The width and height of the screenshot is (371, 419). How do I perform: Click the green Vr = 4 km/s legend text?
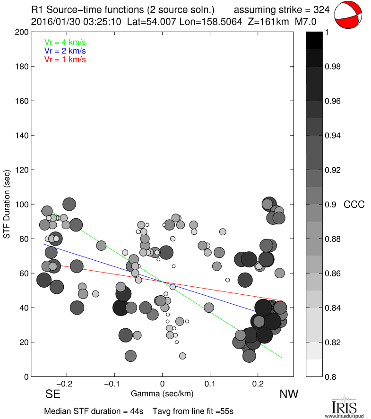(65, 42)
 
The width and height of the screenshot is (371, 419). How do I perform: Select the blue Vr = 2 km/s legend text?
(65, 51)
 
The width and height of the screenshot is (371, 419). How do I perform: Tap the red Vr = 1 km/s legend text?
(65, 59)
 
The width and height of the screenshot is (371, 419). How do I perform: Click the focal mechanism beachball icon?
(349, 16)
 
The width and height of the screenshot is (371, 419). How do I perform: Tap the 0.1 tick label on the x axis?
(211, 385)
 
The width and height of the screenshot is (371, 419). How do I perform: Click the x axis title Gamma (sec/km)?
(162, 393)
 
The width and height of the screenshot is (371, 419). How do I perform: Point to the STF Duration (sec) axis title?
(7, 204)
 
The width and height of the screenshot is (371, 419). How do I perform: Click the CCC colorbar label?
(354, 204)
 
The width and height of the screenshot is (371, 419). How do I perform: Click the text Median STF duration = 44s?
(94, 411)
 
